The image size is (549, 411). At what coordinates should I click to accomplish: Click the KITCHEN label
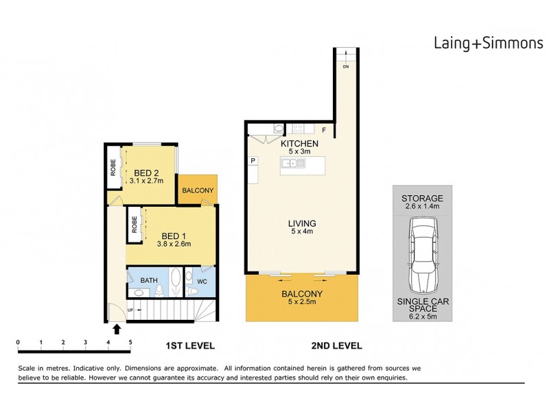pos(300,143)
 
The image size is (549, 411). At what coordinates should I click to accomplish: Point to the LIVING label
pos(302,223)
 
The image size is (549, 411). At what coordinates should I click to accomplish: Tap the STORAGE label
pos(423,199)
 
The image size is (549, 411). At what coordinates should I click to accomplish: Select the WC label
pos(202,281)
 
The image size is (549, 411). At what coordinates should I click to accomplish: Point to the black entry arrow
pos(117,329)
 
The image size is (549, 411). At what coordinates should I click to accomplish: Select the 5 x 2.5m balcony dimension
pos(303,303)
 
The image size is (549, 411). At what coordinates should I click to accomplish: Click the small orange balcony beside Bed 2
pos(198,190)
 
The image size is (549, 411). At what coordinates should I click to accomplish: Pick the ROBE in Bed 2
pos(113,169)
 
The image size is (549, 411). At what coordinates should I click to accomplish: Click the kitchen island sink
pos(292,163)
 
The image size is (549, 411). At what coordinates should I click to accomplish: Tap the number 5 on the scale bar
pos(130,341)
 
